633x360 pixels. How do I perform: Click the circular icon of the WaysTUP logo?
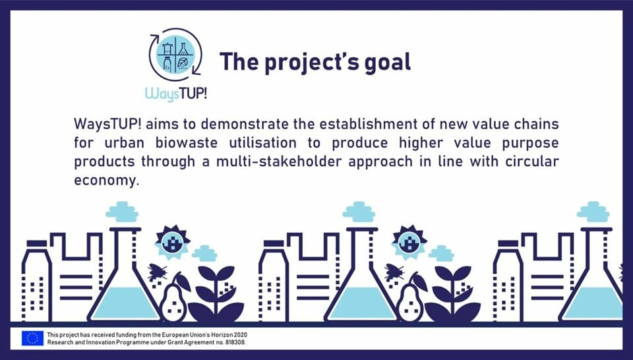(175, 55)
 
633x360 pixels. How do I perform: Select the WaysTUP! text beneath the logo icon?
(176, 93)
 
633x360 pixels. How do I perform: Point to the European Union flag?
(33, 338)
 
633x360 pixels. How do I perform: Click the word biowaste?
(187, 143)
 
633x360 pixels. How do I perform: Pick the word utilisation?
(263, 143)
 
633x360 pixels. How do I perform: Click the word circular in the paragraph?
(532, 162)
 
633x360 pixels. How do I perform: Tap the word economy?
(106, 181)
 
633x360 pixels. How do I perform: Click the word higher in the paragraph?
(421, 143)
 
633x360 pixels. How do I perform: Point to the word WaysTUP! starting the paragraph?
(107, 125)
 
